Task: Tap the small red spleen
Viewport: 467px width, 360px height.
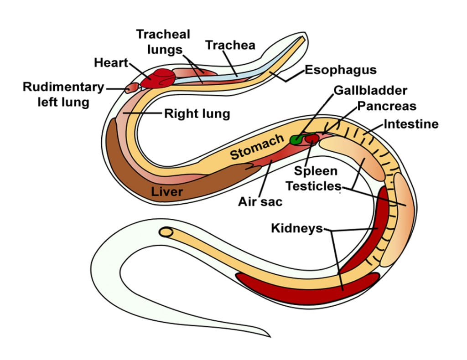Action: [x=312, y=138]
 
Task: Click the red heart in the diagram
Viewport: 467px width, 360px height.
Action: [x=157, y=78]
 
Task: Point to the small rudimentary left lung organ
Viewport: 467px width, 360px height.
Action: [x=131, y=87]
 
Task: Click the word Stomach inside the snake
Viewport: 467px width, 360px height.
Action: [x=257, y=147]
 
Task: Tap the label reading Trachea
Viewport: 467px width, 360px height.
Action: [x=230, y=45]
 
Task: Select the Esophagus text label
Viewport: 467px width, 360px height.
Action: [x=340, y=70]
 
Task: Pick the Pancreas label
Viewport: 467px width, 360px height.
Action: [x=387, y=106]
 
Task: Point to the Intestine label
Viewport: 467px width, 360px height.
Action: [x=411, y=124]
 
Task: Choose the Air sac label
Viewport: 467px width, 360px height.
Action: [x=260, y=201]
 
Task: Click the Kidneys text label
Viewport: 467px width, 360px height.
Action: [x=297, y=228]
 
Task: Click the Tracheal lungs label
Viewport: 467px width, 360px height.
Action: [x=163, y=41]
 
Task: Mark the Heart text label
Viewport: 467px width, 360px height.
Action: [x=111, y=62]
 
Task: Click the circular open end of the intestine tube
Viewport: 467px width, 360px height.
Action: [x=167, y=232]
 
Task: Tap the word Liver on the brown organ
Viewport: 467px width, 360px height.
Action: [x=167, y=191]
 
